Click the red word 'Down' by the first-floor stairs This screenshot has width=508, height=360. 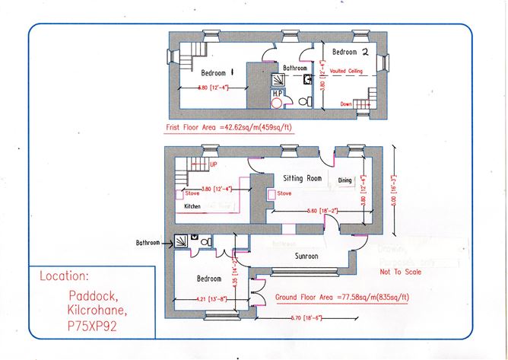pos(346,104)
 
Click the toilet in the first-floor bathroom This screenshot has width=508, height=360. pos(303,100)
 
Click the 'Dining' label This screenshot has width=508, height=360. pos(344,180)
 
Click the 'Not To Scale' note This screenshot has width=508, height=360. pos(398,269)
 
